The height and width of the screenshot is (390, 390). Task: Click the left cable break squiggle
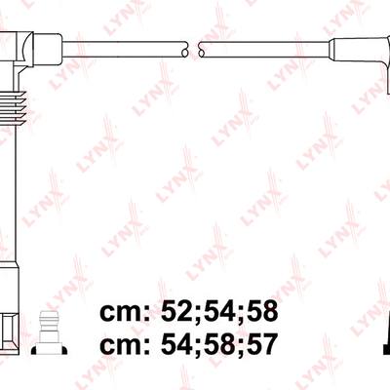184,49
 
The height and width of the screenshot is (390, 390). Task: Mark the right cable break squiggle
201,49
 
